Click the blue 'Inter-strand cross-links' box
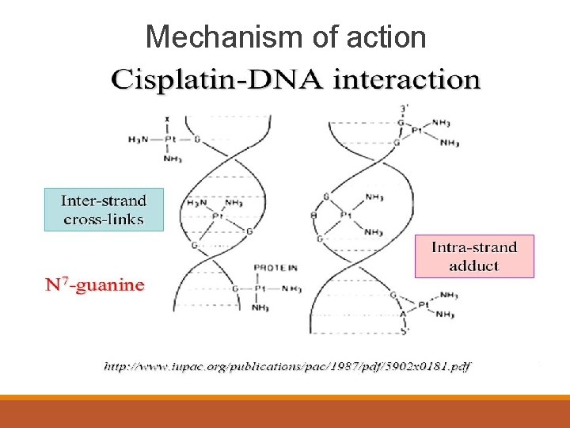coord(103,208)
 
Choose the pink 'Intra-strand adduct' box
coord(474,256)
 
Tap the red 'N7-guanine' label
coord(94,285)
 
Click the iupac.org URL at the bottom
coord(287,366)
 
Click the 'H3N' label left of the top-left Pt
coord(138,139)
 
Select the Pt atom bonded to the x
coord(168,139)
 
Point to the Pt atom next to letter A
coord(424,304)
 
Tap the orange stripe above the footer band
coord(285,398)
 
